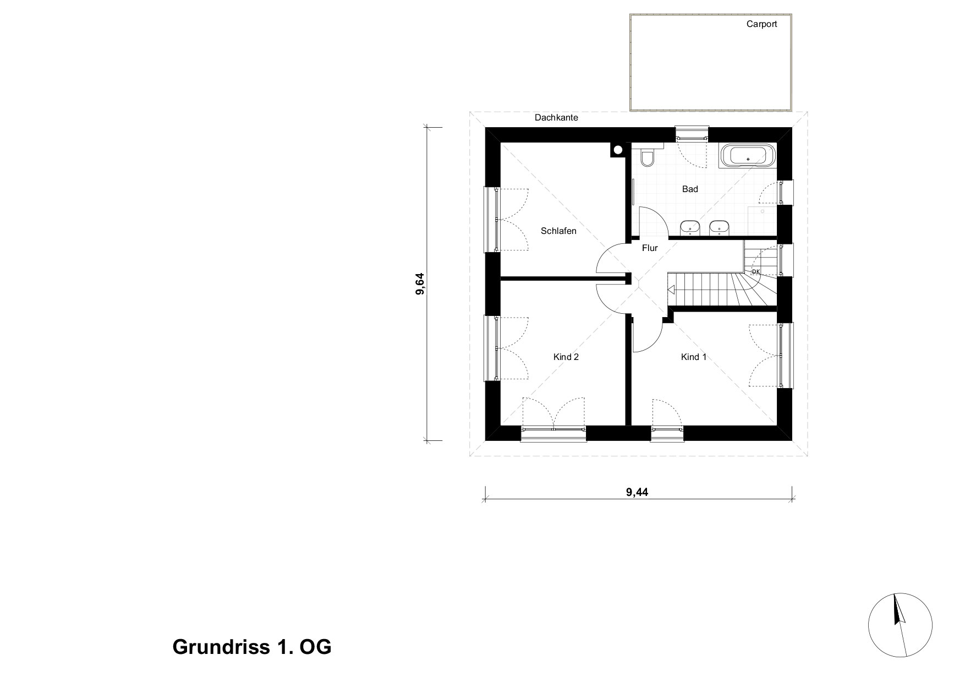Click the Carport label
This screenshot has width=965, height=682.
pos(761,24)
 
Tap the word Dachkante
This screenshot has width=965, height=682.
pos(556,118)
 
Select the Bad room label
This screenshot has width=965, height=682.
pos(690,189)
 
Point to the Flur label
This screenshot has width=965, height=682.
pos(650,248)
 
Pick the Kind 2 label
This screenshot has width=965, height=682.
pos(566,357)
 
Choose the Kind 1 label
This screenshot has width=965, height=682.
pos(694,357)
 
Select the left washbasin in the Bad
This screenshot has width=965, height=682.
pos(690,227)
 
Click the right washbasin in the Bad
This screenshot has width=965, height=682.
pos(719,227)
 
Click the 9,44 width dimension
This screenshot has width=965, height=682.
pos(637,492)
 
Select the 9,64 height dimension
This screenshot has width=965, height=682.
pos(420,284)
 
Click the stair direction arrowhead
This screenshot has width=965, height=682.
pos(671,290)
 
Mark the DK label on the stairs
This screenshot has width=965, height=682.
pos(756,271)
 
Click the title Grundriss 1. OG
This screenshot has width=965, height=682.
pos(252,647)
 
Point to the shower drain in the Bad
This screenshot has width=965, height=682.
pos(763,210)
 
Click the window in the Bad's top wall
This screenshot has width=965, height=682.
pos(692,133)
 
